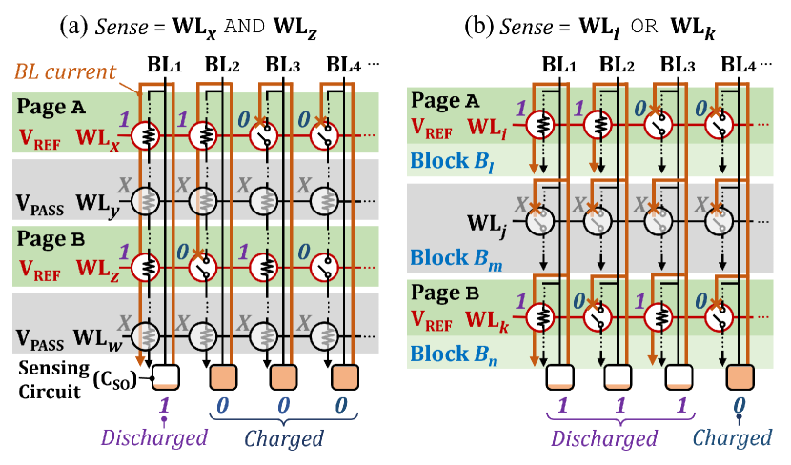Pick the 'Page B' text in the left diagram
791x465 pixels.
(x=48, y=241)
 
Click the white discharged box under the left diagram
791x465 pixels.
(x=166, y=377)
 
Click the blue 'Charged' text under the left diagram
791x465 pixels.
(x=283, y=438)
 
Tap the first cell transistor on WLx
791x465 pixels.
(x=145, y=135)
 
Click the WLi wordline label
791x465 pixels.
(x=490, y=126)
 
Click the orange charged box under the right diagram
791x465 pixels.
(x=739, y=378)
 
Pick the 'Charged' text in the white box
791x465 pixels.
(x=731, y=437)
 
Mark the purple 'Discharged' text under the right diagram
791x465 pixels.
(x=604, y=438)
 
